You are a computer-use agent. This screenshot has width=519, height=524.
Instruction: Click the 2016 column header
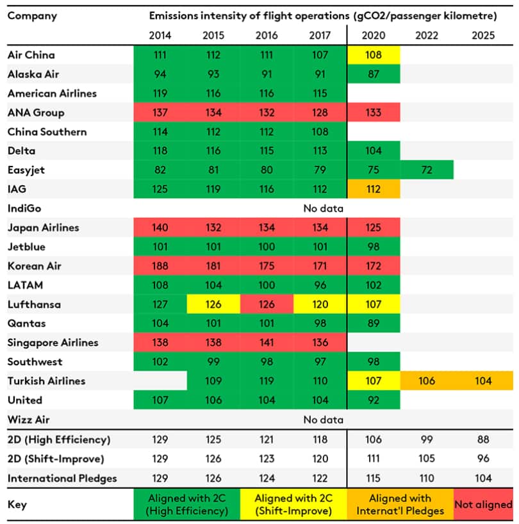(267, 35)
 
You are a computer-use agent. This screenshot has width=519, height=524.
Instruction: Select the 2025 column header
(482, 35)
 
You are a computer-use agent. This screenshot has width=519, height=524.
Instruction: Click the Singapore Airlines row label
(53, 343)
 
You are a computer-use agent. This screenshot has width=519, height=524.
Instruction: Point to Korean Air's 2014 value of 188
(160, 266)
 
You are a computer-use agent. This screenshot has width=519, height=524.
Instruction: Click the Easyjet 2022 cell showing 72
(426, 170)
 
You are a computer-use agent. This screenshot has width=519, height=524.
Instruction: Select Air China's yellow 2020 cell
(373, 55)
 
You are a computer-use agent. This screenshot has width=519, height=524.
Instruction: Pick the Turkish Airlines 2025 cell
(482, 381)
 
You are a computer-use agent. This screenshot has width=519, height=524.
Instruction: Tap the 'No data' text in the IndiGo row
(324, 208)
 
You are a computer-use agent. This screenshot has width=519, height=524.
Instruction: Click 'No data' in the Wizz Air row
(324, 420)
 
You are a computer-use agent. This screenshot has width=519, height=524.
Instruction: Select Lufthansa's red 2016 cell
(267, 304)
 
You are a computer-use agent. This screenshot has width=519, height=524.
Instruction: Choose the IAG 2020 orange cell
(373, 189)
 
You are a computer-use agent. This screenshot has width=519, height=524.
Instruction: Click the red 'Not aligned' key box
(483, 505)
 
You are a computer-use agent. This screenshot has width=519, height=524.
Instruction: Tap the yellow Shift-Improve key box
(293, 505)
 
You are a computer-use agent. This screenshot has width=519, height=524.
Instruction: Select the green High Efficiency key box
(186, 505)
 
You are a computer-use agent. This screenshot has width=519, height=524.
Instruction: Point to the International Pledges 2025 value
(482, 478)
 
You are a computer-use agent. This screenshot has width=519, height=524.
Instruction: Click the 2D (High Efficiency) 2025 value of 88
(482, 439)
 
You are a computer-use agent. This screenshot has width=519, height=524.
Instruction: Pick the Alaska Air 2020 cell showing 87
(373, 74)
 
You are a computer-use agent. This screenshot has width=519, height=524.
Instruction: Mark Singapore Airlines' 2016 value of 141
(267, 343)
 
